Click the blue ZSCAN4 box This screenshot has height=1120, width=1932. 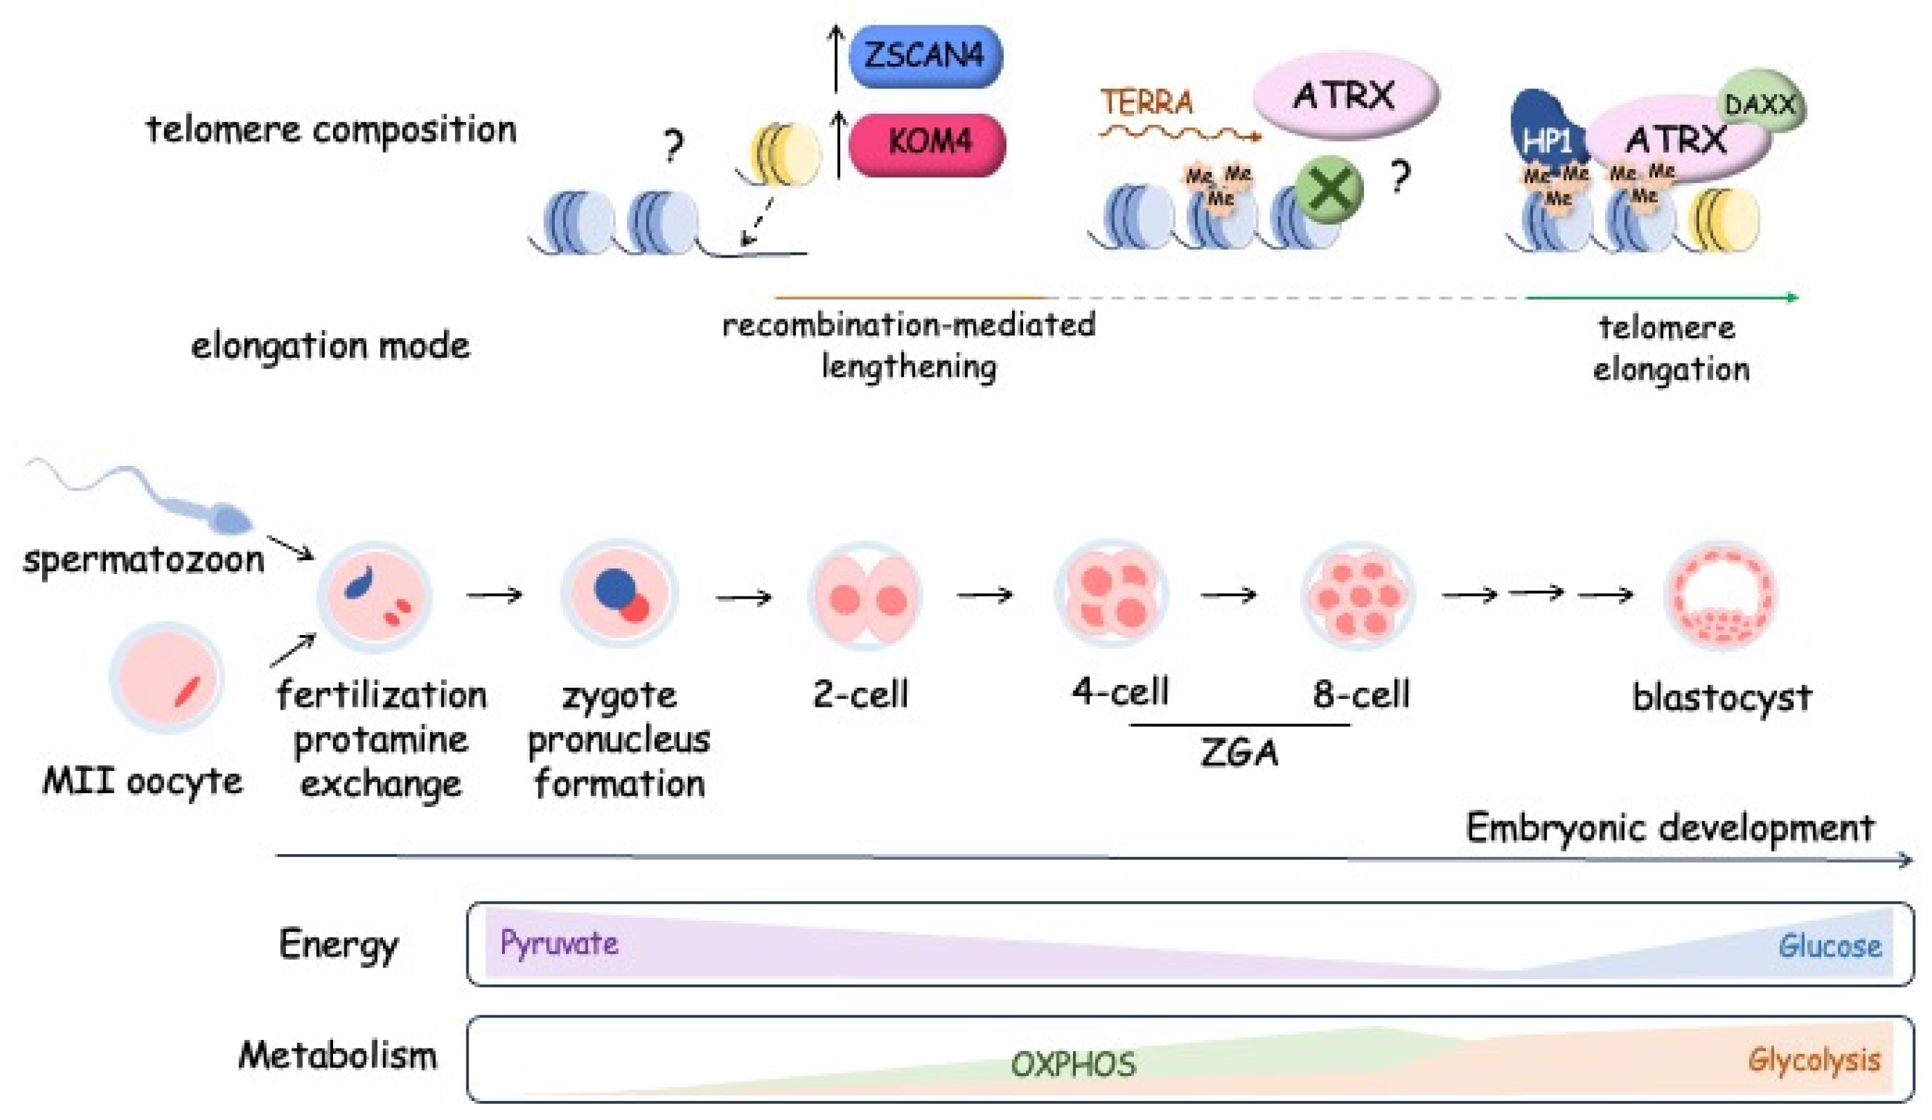pos(926,57)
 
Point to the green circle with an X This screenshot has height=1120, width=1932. pos(1330,189)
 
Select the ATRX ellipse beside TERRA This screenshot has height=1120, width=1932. pos(1346,95)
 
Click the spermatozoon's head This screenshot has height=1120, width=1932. pos(230,521)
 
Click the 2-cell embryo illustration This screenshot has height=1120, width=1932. pos(865,596)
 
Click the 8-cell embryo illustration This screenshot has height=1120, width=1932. pos(1358,596)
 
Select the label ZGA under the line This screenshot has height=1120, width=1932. pos(1240,753)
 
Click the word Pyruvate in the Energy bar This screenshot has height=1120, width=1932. pos(559,942)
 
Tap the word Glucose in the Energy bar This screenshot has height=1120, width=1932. pos(1830,946)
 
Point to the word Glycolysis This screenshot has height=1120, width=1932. pos(1814,1060)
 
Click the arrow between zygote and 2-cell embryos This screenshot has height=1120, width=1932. pos(743,596)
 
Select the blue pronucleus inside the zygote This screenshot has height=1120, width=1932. pos(615,588)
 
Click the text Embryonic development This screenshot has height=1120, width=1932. pos(1670,829)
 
